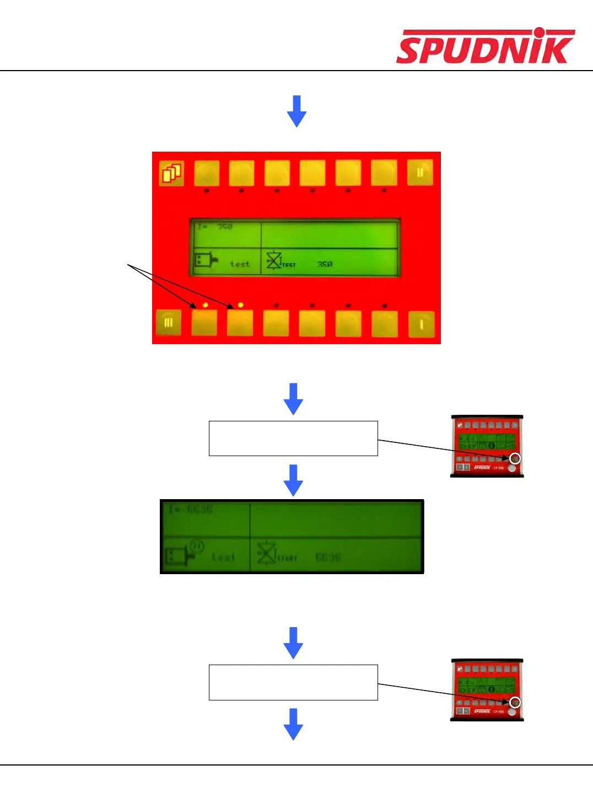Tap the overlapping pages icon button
click(172, 173)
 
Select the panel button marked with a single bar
click(422, 324)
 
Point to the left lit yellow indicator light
click(205, 304)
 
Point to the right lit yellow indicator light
click(240, 304)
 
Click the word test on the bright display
click(240, 264)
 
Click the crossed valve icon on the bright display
click(274, 261)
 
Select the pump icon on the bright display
click(206, 259)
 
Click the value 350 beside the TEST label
click(325, 264)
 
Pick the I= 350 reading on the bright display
click(215, 227)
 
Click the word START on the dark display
click(287, 558)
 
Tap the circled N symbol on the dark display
click(197, 546)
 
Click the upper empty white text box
click(293, 438)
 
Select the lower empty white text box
click(293, 682)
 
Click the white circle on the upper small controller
click(515, 458)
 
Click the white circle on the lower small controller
click(515, 702)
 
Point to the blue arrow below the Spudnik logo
click(296, 111)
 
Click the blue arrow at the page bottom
click(293, 724)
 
